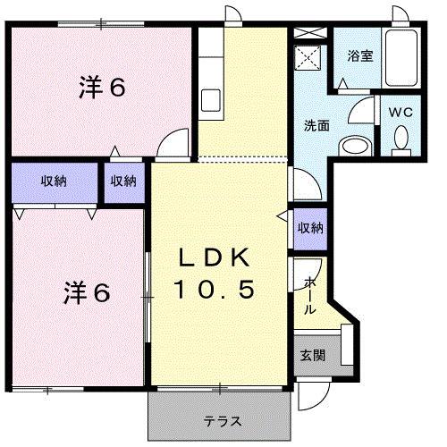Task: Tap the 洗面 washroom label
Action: [x=316, y=125]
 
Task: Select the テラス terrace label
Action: [x=219, y=421]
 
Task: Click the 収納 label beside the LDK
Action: [x=310, y=228]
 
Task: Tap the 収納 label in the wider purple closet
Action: [x=53, y=181]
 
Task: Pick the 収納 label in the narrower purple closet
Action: [x=123, y=181]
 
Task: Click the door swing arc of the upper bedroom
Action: [x=175, y=143]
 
